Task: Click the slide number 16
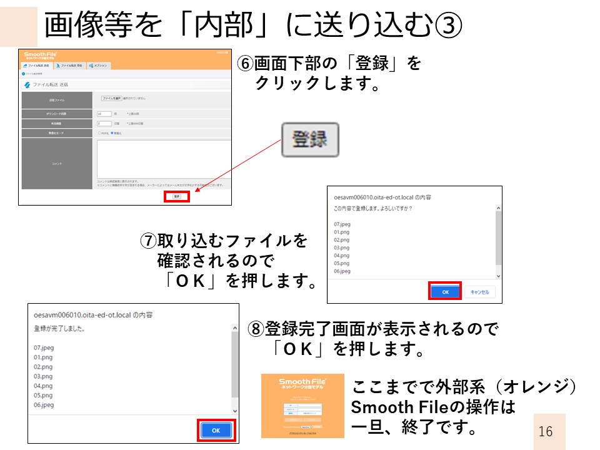545,431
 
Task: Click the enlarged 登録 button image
309,139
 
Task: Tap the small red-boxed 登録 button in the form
177,197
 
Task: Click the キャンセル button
479,292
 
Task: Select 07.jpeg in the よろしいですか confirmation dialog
343,224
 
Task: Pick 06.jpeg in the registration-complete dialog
44,405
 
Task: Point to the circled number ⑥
245,63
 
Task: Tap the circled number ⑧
256,329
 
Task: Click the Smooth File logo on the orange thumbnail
302,384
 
